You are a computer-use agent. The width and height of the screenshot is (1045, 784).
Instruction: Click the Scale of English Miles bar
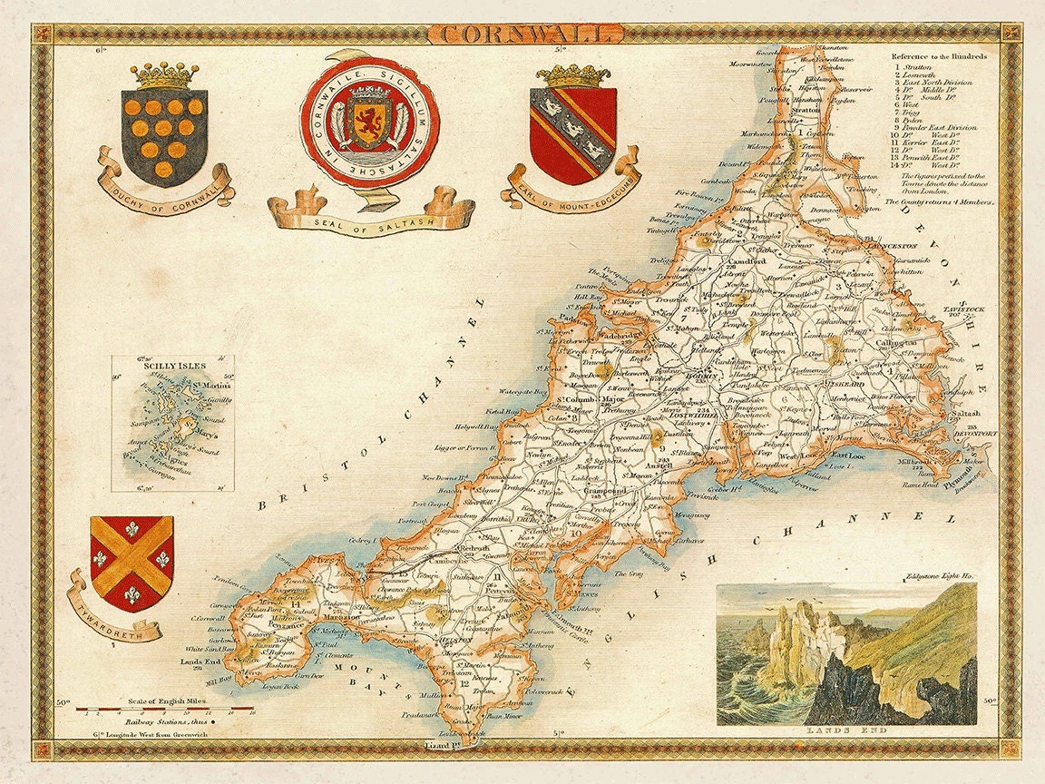point(164,706)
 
